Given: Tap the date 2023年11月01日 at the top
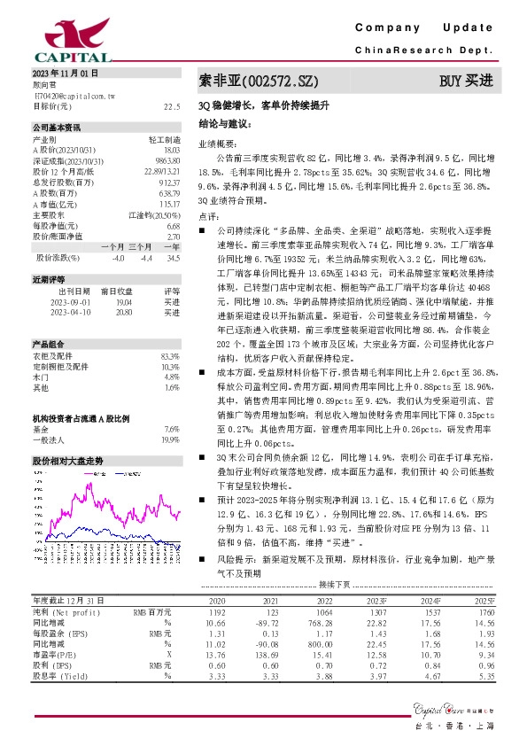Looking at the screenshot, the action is coord(66,72).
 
